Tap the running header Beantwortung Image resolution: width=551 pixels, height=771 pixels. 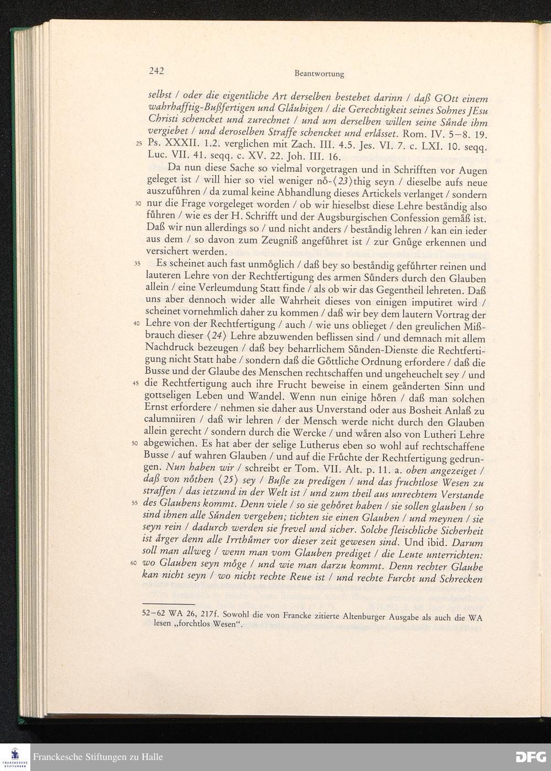tap(319, 74)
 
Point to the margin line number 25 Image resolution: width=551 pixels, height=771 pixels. tap(138, 145)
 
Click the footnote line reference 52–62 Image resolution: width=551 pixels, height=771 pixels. tap(154, 612)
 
